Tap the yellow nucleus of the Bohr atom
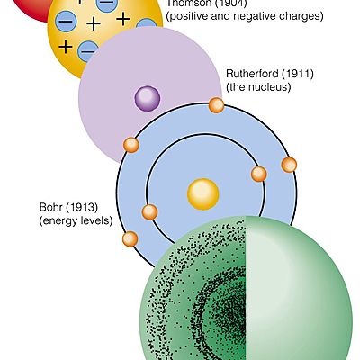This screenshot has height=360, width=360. pos(202,193)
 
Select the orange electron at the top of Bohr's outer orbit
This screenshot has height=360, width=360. pos(216,105)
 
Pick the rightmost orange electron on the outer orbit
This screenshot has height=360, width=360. pos(289,165)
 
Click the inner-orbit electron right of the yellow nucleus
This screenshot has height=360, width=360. pos(259,174)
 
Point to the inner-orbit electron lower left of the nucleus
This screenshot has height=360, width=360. pos(149,212)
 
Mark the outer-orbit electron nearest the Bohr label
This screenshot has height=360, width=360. pos(130,239)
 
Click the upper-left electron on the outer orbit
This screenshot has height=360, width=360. pos(130,145)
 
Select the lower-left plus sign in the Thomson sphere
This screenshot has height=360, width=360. pos(66,46)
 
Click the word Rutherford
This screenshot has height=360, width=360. pos(251,70)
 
